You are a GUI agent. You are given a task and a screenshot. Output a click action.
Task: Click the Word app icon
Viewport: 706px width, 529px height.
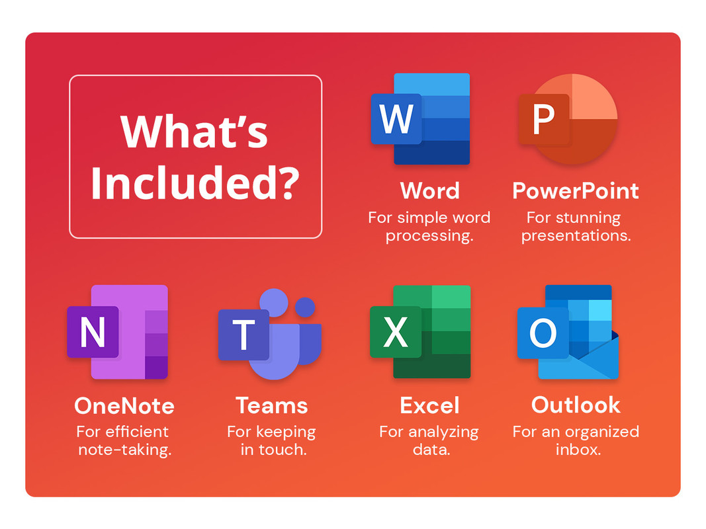tap(421, 119)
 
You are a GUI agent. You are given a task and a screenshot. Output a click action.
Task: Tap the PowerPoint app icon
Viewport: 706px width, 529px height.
tap(568, 119)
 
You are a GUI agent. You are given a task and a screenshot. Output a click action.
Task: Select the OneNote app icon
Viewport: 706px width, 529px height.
tap(118, 332)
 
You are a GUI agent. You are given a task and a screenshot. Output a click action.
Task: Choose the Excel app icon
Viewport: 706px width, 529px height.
tap(421, 332)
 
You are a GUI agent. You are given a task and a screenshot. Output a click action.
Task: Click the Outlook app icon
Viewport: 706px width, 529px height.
tap(568, 332)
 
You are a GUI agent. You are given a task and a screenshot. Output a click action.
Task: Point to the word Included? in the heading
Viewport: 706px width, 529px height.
tap(195, 183)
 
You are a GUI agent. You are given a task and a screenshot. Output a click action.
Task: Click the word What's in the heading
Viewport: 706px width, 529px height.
tap(194, 132)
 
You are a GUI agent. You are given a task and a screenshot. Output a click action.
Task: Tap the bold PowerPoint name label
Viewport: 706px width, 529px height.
tap(576, 191)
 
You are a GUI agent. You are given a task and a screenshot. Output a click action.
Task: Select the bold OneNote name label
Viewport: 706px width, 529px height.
tap(124, 406)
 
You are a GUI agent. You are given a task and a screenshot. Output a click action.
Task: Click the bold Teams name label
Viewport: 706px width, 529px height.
tap(271, 406)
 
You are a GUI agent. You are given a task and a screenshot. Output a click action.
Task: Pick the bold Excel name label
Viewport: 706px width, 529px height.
tap(429, 406)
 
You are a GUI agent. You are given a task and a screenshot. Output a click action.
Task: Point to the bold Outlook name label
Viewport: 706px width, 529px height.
tap(576, 405)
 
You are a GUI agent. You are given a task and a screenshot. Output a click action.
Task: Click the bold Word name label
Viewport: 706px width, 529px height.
tap(430, 190)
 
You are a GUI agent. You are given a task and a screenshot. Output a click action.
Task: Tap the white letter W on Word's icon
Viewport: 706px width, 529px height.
tap(396, 119)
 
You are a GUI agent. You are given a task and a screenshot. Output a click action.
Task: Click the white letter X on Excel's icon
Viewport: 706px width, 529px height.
tap(396, 332)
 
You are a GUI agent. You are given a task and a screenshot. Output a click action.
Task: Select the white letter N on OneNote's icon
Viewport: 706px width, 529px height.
tap(93, 332)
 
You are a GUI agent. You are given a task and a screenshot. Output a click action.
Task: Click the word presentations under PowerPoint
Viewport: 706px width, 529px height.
tap(576, 236)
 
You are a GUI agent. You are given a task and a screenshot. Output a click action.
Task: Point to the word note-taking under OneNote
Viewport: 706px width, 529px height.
tap(124, 450)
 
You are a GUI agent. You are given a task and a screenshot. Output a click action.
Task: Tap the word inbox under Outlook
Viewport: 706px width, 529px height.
tap(578, 450)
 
